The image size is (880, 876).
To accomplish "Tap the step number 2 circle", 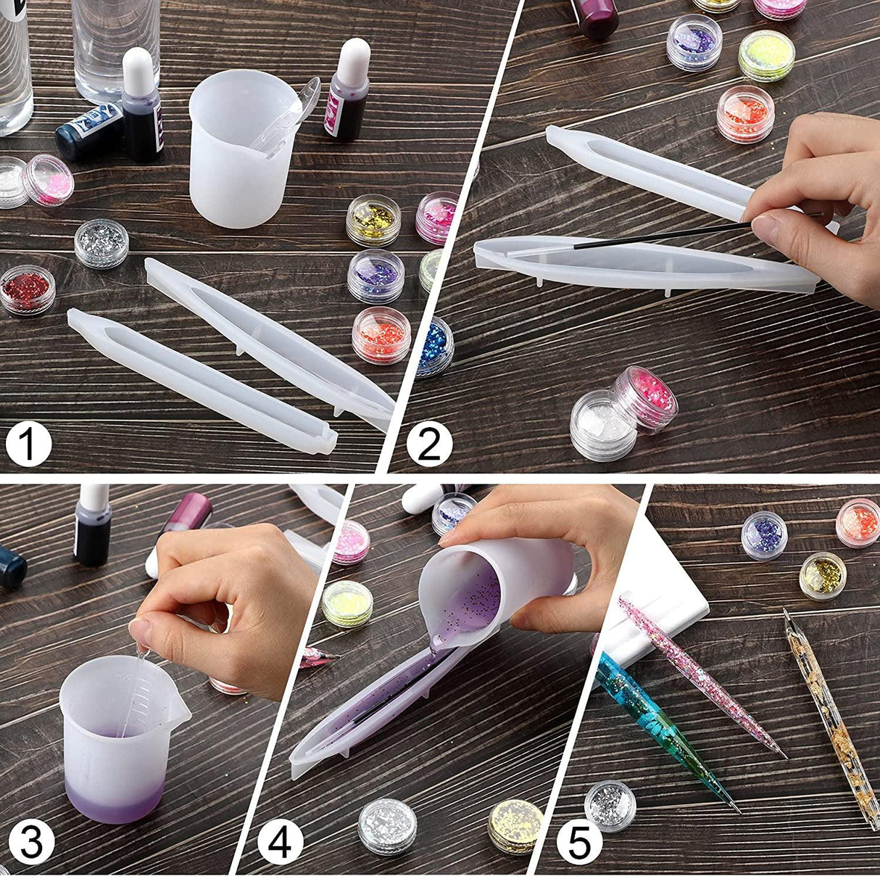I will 429,444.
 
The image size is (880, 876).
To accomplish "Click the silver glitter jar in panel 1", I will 101,242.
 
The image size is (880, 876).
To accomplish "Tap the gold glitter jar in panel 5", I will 822,575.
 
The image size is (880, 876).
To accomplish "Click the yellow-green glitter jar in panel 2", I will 766,54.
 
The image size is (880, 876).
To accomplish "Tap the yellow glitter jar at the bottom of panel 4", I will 515,825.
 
